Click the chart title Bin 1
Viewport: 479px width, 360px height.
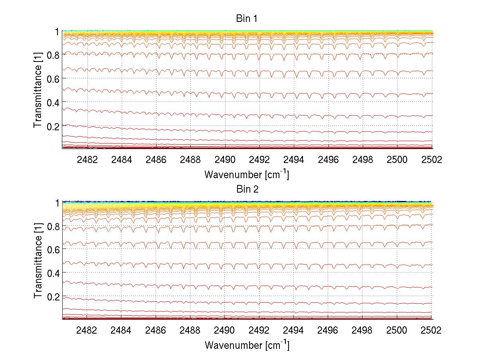tap(247, 18)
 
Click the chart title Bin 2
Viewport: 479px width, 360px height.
tap(247, 189)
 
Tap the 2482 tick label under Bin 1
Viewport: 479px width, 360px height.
tap(87, 160)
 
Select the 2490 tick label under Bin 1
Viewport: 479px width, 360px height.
tap(225, 160)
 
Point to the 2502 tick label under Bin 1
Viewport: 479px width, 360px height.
tap(431, 160)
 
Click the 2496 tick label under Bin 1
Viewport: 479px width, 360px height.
tap(328, 160)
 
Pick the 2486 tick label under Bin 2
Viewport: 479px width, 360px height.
tap(156, 331)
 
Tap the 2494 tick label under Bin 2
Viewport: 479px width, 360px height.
tap(294, 331)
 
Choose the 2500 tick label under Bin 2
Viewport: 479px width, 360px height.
tap(397, 331)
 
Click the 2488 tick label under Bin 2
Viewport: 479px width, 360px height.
tap(190, 331)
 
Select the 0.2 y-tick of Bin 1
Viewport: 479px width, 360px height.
tap(53, 125)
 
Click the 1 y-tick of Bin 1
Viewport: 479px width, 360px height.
tap(57, 31)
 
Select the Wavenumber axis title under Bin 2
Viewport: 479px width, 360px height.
tap(247, 345)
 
